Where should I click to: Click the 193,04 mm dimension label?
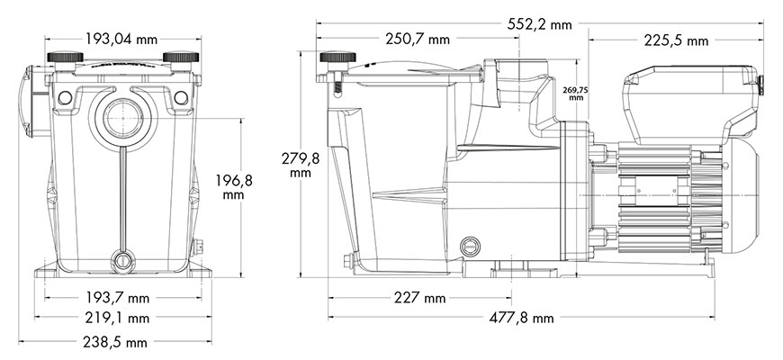coord(121,39)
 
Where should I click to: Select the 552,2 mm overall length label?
coord(539,24)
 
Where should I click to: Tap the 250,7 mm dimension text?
coord(418,39)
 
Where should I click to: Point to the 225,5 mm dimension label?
coord(676,40)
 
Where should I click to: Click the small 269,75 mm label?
coord(576,94)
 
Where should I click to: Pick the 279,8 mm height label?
coord(300,166)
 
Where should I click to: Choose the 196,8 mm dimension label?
coord(234,186)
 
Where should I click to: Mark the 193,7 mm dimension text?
coord(117,298)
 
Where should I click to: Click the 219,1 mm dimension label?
coord(117,318)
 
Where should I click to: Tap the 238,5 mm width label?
coord(115,342)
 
